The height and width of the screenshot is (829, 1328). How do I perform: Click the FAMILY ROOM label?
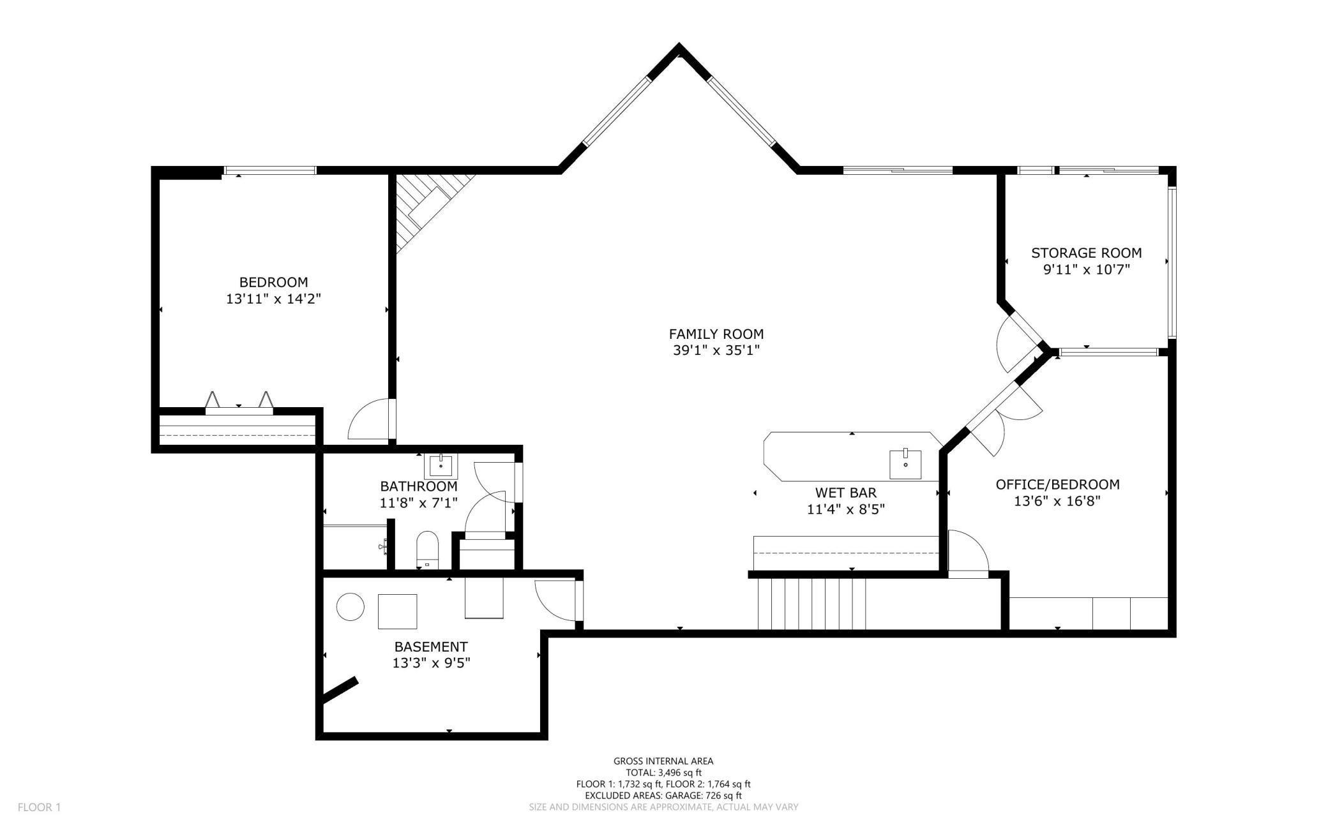[x=716, y=334]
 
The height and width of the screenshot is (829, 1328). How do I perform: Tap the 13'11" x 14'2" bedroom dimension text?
[x=273, y=299]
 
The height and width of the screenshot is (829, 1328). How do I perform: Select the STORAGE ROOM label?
[x=1086, y=253]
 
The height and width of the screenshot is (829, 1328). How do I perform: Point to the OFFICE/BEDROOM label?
[x=1057, y=484]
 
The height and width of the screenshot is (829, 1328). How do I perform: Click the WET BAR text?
[x=845, y=493]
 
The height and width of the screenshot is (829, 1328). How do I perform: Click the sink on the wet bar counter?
[x=905, y=464]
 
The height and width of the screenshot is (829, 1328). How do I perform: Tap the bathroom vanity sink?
[x=441, y=466]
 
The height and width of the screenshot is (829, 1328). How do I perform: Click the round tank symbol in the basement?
[x=350, y=606]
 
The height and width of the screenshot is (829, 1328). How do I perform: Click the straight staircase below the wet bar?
[x=811, y=603]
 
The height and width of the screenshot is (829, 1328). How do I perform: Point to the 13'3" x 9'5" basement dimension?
[x=431, y=663]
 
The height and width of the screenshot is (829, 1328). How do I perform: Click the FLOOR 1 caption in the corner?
[x=39, y=807]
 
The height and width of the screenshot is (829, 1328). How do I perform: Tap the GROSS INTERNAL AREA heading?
[x=663, y=761]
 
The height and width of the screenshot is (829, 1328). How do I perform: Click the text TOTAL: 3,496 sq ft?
[x=663, y=772]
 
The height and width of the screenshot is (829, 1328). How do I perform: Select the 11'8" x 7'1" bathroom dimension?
[x=419, y=503]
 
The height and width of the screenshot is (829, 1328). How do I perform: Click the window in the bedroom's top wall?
[x=270, y=170]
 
